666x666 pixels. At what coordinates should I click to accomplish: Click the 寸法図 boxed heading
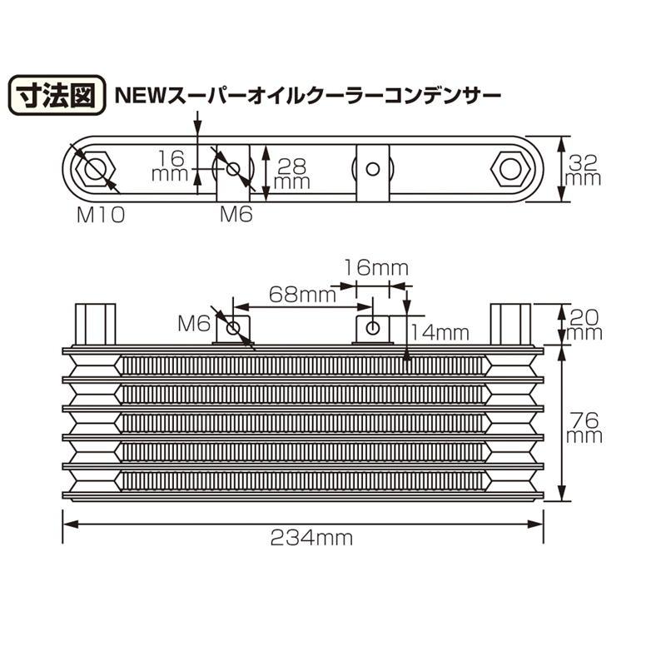point(54,96)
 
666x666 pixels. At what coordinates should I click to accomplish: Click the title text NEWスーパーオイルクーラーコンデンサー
point(308,96)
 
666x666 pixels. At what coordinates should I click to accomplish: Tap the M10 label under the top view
point(101,215)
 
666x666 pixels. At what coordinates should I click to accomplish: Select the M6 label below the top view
point(236,215)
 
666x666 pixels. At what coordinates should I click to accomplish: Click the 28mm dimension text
point(292,172)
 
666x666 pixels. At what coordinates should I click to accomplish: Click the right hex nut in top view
point(508,170)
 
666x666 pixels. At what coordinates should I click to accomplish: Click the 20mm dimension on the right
point(584,324)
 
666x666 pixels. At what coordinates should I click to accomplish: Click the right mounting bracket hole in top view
point(373,170)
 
